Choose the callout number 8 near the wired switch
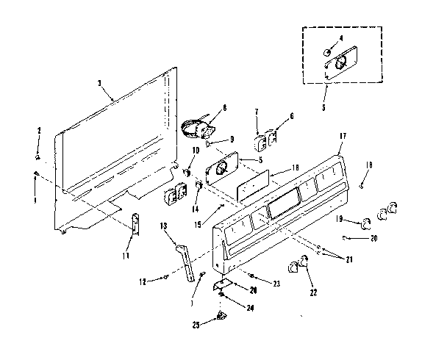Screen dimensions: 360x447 pos(224,108)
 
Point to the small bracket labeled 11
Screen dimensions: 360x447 pos(135,223)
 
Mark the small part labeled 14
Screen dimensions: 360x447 pos(199,192)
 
